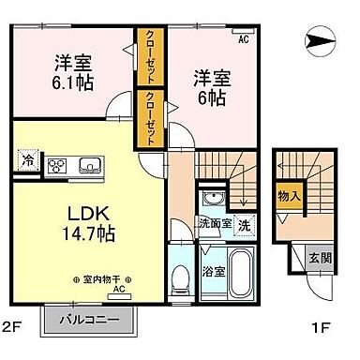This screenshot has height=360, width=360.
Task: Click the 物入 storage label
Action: coord(289,196)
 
